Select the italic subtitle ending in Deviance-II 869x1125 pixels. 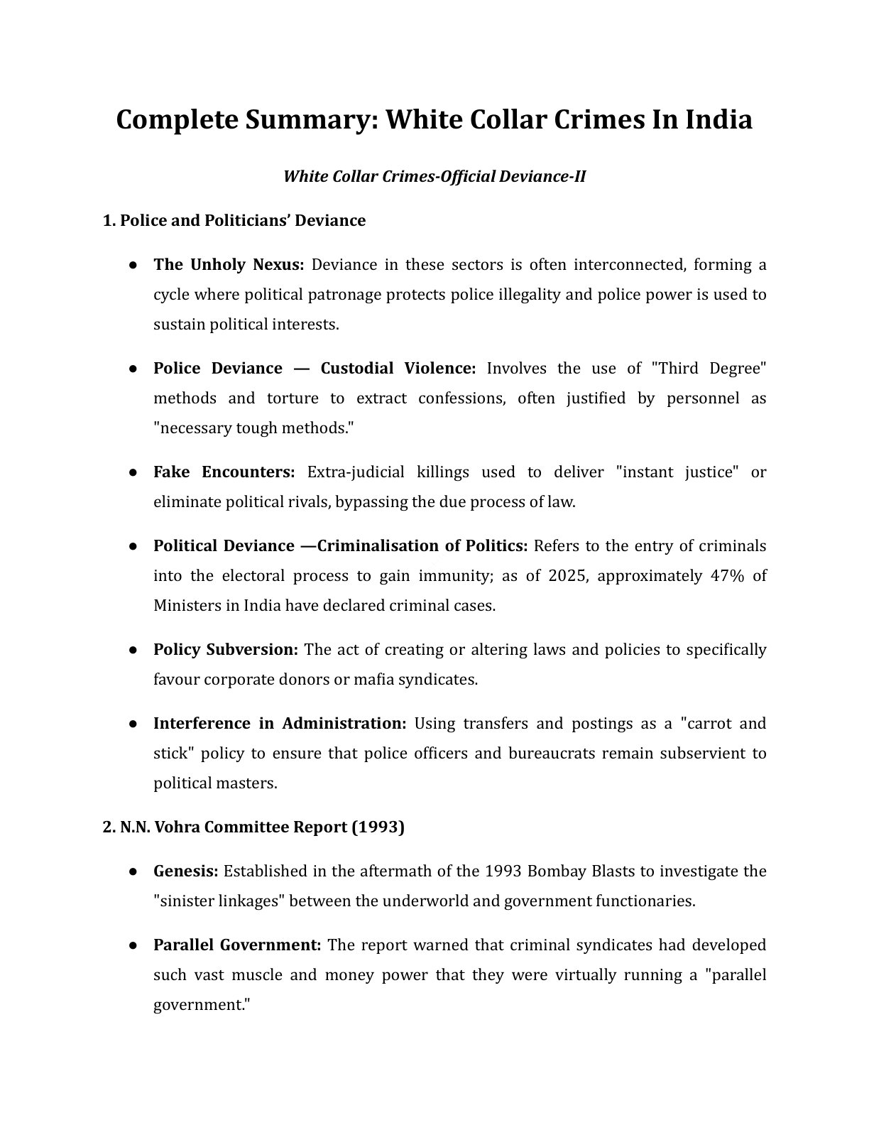pos(434,176)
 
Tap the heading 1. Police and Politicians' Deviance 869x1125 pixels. pos(234,221)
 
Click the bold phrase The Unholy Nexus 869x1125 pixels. pos(229,265)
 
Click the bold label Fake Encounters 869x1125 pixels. pos(224,472)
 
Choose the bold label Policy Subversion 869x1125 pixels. pos(225,650)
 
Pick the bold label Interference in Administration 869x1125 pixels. pos(280,724)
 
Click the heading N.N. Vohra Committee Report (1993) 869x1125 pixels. pos(253,827)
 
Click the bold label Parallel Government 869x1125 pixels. pos(237,945)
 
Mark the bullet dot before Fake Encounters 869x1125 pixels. pos(133,472)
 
